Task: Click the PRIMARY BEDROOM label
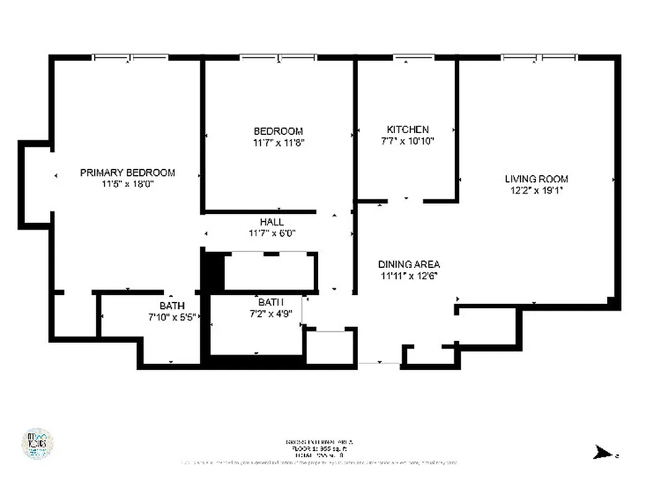tap(127, 173)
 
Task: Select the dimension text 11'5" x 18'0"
tap(127, 184)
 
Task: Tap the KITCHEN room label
tap(407, 129)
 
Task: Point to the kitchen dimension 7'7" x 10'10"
tap(407, 140)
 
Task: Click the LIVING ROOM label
tap(536, 179)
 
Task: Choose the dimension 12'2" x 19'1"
tap(536, 190)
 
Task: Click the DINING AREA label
tap(409, 264)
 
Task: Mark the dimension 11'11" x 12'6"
tap(409, 276)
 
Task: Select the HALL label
tap(272, 222)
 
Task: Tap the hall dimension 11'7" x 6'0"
tap(272, 233)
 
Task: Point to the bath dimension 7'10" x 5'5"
tap(172, 317)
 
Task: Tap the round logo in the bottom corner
tap(37, 444)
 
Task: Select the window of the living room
tap(539, 58)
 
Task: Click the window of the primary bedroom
tap(130, 58)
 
